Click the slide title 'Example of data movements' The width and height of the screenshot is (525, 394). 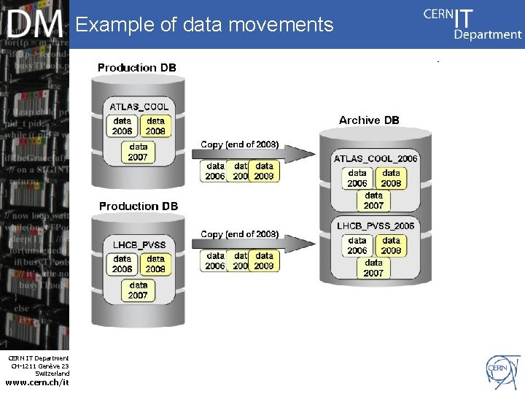click(x=204, y=25)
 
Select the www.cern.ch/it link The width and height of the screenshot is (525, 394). click(x=37, y=382)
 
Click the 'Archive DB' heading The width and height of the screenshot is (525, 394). click(x=369, y=120)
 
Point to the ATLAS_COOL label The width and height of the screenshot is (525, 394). click(x=139, y=107)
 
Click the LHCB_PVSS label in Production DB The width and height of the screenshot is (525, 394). click(x=139, y=244)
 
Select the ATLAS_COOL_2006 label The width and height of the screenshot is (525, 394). click(x=376, y=158)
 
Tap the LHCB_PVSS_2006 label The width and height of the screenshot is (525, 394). click(x=376, y=226)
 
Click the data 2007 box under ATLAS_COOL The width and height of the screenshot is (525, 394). click(x=139, y=152)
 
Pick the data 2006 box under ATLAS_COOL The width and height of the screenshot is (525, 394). click(x=122, y=125)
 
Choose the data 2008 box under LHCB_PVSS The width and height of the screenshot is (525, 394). click(x=156, y=263)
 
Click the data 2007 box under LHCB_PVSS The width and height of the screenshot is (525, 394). click(x=139, y=290)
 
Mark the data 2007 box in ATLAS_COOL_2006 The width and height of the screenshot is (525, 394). click(x=373, y=200)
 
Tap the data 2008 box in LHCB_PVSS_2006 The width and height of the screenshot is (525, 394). click(x=392, y=245)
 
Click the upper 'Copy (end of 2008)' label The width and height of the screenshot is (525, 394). click(x=240, y=144)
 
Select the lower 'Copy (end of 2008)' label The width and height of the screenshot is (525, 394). click(x=240, y=234)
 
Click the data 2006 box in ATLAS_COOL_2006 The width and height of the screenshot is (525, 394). click(x=357, y=178)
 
